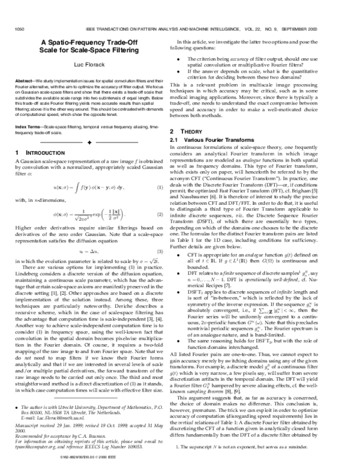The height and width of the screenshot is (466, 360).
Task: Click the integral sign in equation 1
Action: (x=76, y=188)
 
